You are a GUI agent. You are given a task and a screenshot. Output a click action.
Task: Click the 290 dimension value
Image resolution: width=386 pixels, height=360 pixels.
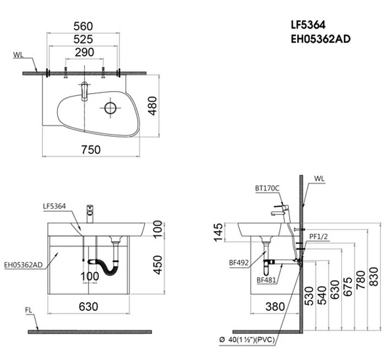pos(84,52)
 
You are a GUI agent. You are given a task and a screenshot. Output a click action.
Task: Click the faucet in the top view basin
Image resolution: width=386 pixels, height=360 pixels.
pos(84,91)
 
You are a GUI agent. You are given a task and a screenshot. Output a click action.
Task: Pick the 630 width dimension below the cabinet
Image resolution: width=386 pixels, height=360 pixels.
pos(88,306)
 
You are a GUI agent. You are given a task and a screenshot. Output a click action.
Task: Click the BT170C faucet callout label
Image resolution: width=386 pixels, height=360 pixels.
pos(267,188)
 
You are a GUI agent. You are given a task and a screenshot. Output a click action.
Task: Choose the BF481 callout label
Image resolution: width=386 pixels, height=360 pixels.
pos(266,280)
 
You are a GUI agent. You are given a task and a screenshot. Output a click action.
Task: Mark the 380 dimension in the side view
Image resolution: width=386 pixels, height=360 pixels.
pos(274,306)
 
